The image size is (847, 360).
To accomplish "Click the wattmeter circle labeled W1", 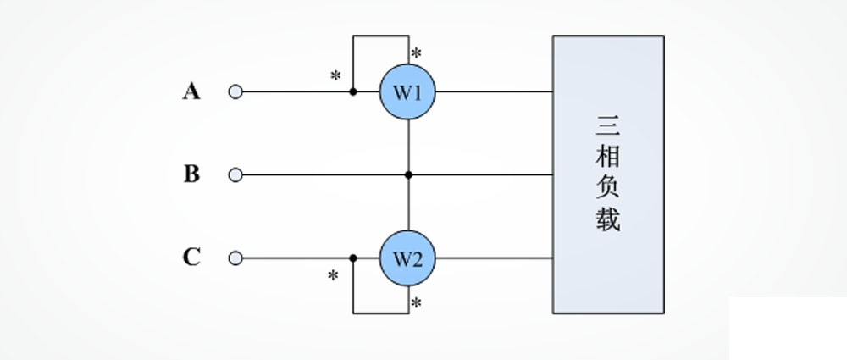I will point(407,91).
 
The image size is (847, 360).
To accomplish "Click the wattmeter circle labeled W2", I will point(407,258).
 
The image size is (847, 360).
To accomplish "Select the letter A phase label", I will point(191,91).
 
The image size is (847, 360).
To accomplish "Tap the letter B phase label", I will point(191,174).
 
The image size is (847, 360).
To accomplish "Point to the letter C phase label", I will point(191,258).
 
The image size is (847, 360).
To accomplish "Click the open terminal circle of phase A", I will point(235,91).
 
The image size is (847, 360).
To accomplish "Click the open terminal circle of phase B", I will point(235,175).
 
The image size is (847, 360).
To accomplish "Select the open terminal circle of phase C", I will point(235,258).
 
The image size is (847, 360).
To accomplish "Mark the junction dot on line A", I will point(353,91).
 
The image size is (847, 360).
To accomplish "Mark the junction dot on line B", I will point(408,175).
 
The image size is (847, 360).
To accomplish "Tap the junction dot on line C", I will point(353,258).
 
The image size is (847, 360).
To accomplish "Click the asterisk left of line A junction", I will point(335,76).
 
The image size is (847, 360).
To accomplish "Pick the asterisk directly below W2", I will point(416,303).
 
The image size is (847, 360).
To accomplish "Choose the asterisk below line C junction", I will point(334,276).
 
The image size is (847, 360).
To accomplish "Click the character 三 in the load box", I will point(607,128).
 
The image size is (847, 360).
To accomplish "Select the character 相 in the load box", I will point(607,159).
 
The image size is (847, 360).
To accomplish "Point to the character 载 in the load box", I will point(607,219).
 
